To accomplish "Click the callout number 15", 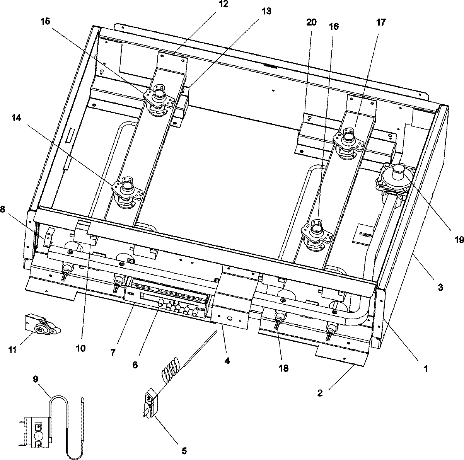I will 45,21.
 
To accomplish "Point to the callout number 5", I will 184,450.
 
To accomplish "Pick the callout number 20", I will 311,22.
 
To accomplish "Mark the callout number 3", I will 440,287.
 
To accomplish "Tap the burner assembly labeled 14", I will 127,190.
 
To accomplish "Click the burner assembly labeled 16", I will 316,232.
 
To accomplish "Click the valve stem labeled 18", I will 278,320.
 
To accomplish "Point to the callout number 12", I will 223,5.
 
